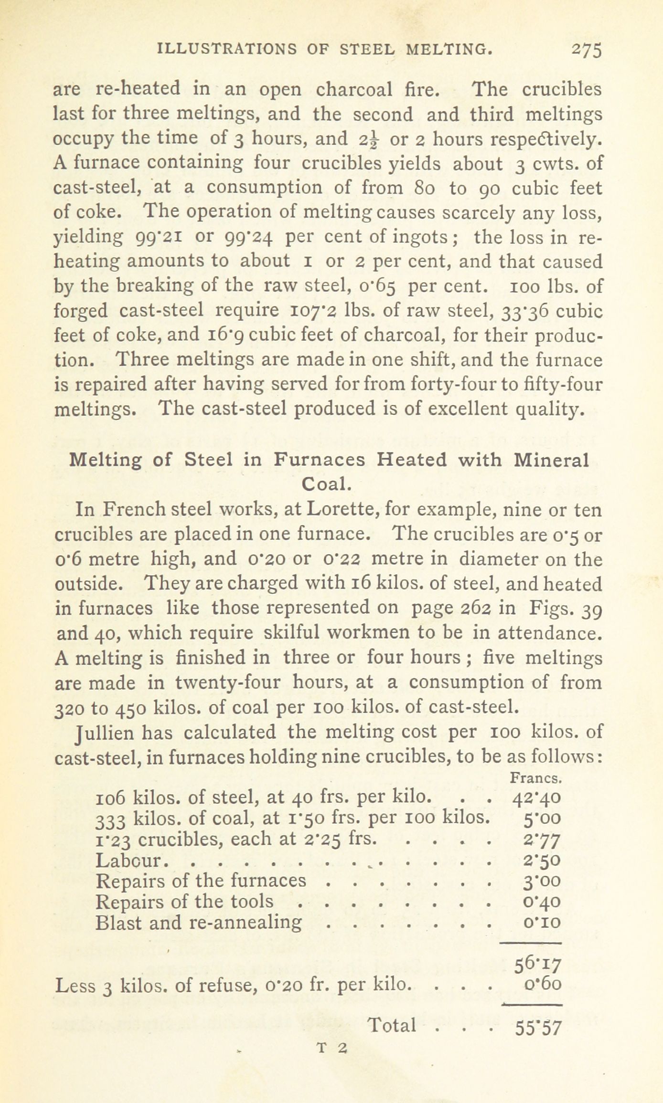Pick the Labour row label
[130, 860]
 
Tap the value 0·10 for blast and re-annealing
[542, 923]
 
